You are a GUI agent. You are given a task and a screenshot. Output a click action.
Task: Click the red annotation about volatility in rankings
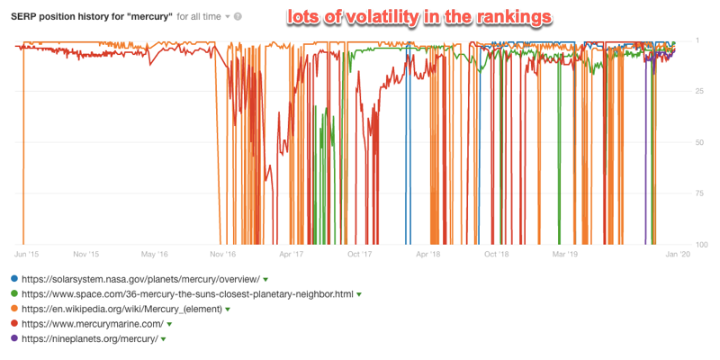pos(419,15)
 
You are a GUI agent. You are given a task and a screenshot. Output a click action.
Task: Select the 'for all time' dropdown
pos(203,16)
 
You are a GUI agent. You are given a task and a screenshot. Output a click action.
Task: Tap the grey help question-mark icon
pos(238,16)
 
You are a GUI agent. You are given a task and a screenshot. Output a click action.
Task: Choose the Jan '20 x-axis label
pos(677,255)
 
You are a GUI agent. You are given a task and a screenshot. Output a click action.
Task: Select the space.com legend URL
pos(186,293)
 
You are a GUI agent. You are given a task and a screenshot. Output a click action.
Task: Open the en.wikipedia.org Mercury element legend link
pos(123,309)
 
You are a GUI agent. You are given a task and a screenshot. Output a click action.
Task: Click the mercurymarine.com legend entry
pos(91,323)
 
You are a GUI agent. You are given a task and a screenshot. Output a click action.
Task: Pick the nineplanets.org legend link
pos(88,338)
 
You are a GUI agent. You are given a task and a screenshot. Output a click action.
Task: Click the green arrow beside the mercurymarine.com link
pos(170,324)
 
